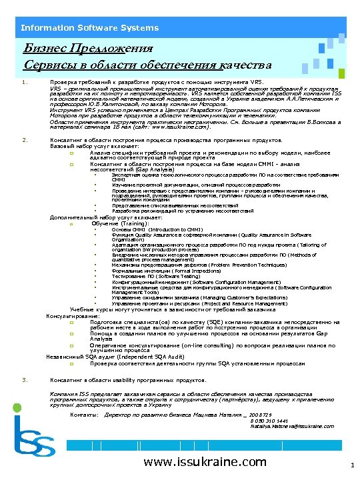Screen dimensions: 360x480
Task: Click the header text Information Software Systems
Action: [x=89, y=27]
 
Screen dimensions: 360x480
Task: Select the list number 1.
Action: [x=23, y=83]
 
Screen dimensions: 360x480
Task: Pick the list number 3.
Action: [x=23, y=379]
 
